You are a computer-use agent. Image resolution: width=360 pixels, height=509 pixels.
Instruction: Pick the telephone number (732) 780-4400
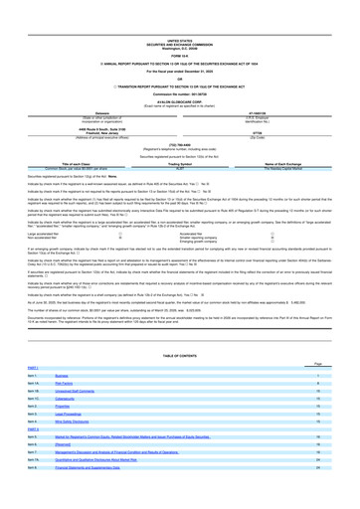[x=180, y=99]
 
